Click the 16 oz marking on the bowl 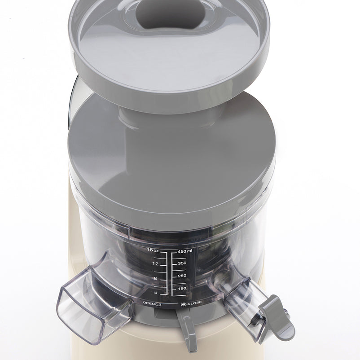click(x=153, y=250)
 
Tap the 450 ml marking click(x=185, y=251)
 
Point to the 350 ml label click(x=182, y=263)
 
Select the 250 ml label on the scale click(x=182, y=276)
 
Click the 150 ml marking click(x=182, y=288)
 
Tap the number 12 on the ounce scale click(x=155, y=264)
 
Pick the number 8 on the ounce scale click(x=155, y=278)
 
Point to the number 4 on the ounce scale click(x=155, y=293)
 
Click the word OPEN click(x=149, y=303)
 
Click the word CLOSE click(x=194, y=303)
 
